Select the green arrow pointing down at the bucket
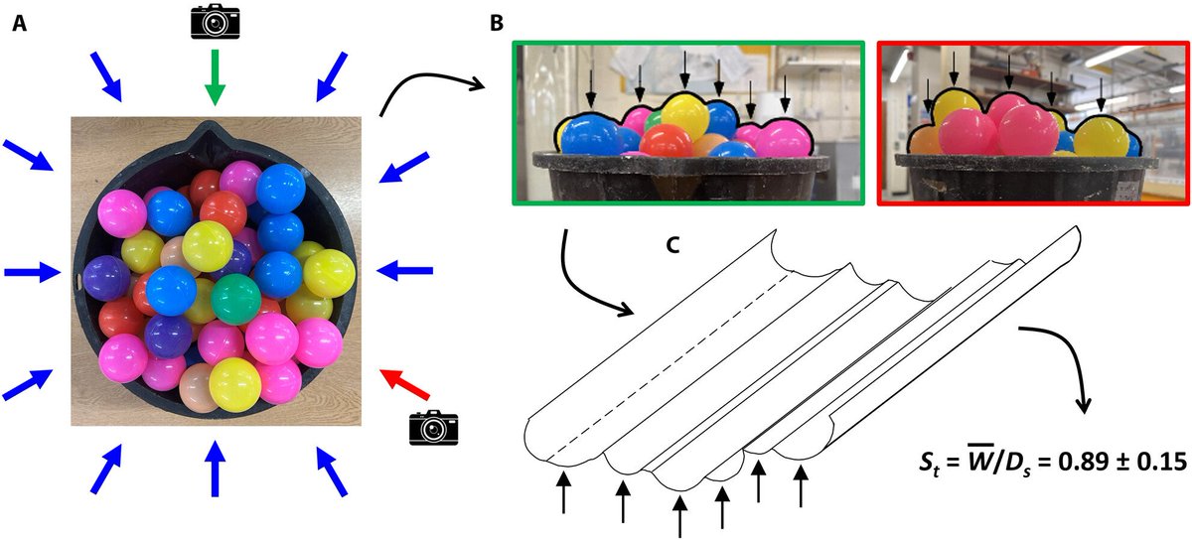click(213, 78)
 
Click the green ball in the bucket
click(235, 299)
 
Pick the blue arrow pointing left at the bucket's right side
click(406, 270)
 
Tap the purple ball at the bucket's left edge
click(106, 278)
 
